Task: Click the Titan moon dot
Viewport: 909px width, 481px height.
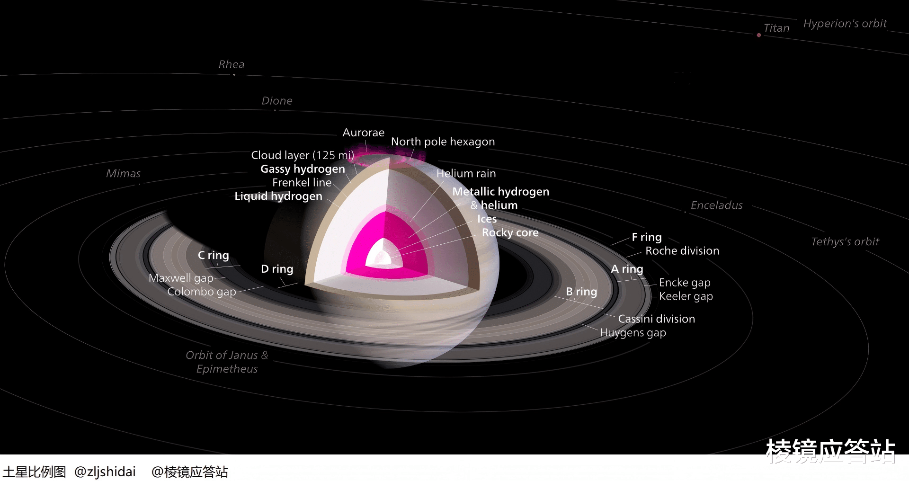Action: [x=759, y=35]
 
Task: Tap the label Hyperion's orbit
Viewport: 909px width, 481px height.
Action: [x=845, y=24]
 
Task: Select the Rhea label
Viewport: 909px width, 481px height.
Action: [x=232, y=64]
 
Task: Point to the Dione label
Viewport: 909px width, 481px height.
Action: [x=277, y=101]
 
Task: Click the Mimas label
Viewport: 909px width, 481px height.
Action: [x=123, y=174]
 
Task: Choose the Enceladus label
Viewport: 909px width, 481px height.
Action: [x=716, y=205]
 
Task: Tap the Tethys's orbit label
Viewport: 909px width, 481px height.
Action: [x=845, y=242]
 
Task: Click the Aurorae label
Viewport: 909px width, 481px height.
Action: [x=363, y=133]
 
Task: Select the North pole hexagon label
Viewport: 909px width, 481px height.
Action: [x=443, y=142]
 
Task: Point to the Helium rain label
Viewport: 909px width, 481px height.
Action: [x=466, y=174]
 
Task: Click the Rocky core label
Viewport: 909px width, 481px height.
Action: [x=510, y=233]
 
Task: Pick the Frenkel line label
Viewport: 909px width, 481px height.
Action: [x=302, y=183]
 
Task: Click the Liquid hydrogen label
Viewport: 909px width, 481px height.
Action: [x=278, y=196]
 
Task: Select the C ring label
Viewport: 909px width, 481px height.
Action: [x=213, y=256]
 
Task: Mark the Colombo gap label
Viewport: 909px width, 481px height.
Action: [x=202, y=292]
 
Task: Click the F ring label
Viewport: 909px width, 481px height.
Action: [x=647, y=237]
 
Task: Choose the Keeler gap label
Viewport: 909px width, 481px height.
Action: [x=686, y=296]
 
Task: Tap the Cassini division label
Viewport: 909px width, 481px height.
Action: [x=656, y=319]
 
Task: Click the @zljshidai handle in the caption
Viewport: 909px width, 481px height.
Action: [x=105, y=472]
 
